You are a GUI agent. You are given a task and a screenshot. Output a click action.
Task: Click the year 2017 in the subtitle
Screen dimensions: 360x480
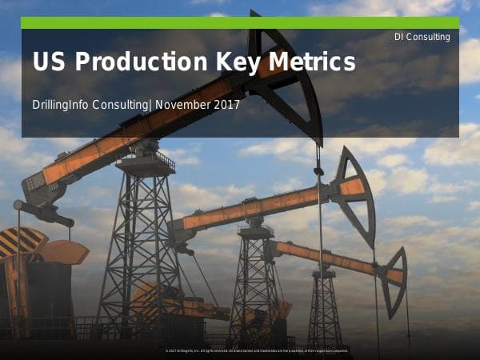[223, 104]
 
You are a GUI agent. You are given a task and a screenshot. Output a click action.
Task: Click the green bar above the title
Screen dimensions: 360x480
[240, 22]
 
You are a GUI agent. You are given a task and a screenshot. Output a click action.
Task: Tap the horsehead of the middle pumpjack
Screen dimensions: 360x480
[356, 192]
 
